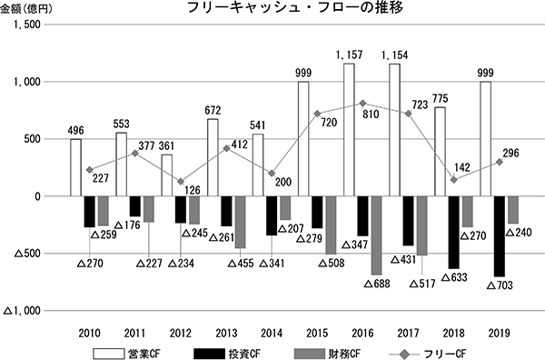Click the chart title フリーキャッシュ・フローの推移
[x=294, y=7]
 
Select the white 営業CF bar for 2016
[x=349, y=130]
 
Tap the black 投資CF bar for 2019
[x=500, y=236]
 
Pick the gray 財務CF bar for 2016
[x=376, y=235]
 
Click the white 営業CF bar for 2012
[x=166, y=175]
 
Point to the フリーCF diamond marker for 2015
[x=317, y=114]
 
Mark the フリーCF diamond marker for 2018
[x=453, y=180]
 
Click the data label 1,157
[x=349, y=55]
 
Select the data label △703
[x=500, y=285]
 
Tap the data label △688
[x=377, y=284]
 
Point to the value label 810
[x=371, y=114]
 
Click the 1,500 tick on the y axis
[x=27, y=25]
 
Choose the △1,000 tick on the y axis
[x=22, y=311]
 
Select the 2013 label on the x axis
[x=226, y=334]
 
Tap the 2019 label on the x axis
[x=499, y=334]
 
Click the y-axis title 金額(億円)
[x=26, y=9]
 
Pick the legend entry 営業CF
[x=126, y=354]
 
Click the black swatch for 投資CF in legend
[x=209, y=354]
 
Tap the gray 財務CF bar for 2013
[x=240, y=222]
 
